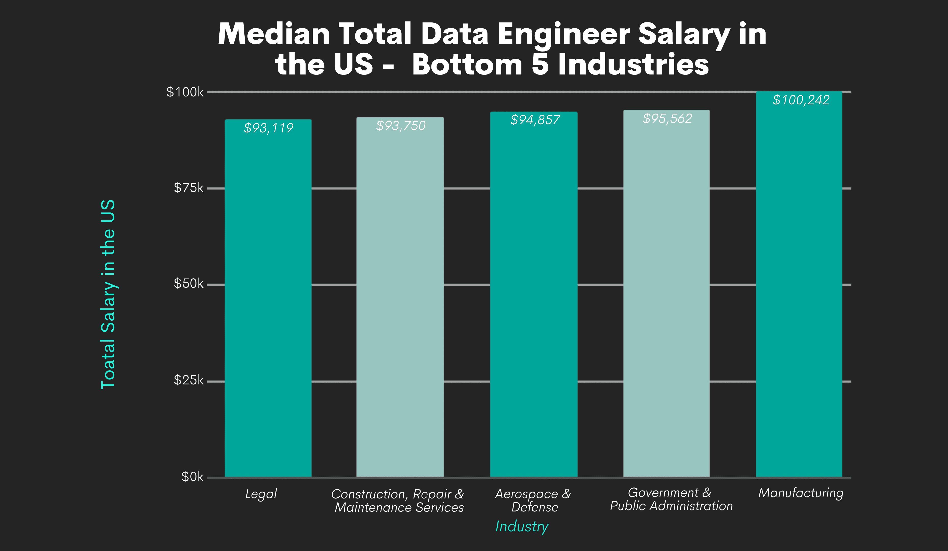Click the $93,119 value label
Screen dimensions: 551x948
(x=268, y=128)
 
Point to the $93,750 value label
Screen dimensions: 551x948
(x=401, y=126)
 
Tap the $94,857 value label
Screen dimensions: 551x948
(x=535, y=120)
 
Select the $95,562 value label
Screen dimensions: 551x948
(x=667, y=119)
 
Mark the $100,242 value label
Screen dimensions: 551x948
(x=800, y=100)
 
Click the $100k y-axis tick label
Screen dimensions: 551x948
(x=185, y=92)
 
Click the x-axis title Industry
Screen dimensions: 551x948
(x=522, y=527)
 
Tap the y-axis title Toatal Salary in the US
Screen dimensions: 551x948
(x=108, y=294)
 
